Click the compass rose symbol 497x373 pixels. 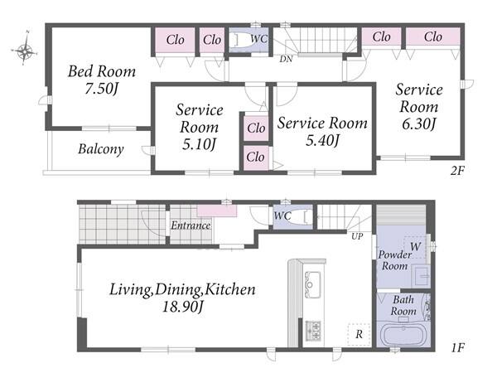(x=25, y=49)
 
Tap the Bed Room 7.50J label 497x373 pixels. (x=102, y=80)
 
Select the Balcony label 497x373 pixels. (x=101, y=149)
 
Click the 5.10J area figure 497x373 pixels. (x=199, y=144)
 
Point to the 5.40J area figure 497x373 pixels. (x=322, y=140)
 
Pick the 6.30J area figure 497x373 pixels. (x=419, y=124)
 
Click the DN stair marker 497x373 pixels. (x=286, y=59)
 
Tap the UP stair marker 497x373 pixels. (x=357, y=236)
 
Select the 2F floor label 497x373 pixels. (x=457, y=171)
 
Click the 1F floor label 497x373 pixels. (x=457, y=347)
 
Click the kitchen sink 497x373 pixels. (x=312, y=284)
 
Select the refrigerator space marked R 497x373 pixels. (x=359, y=334)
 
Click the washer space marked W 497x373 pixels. (x=415, y=246)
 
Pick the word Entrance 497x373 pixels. (x=191, y=225)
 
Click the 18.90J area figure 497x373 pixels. (x=182, y=307)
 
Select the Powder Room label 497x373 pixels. (x=394, y=260)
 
